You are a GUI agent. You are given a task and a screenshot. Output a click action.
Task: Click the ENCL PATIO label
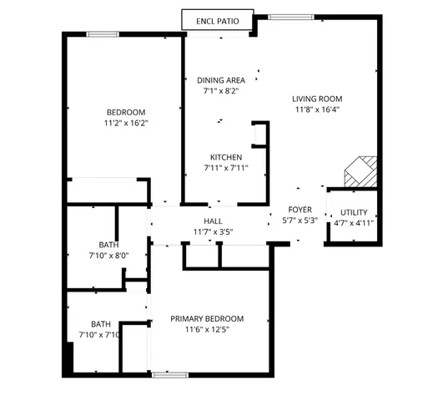coord(217,20)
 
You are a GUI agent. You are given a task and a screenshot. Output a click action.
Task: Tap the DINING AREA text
coord(221,80)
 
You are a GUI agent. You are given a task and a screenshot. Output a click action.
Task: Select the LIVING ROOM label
coord(317,97)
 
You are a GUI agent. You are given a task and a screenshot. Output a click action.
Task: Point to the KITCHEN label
coord(226,157)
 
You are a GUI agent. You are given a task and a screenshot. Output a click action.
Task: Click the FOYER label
coord(300,210)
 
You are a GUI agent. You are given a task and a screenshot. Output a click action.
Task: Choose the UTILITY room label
coord(354,212)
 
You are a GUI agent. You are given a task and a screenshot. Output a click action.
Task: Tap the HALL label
coord(214,221)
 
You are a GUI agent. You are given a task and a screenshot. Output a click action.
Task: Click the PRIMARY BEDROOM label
coord(207,318)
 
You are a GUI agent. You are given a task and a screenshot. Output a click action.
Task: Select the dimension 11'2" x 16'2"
coord(126,124)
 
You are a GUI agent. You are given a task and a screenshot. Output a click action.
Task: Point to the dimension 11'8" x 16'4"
coord(317,109)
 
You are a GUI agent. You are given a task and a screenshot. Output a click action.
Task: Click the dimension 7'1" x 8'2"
coord(221,91)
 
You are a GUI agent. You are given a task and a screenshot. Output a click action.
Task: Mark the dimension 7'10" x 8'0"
coord(108,256)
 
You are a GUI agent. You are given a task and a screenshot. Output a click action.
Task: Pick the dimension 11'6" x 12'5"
coord(207,329)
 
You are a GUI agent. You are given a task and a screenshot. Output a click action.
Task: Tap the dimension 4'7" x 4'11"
coord(354,223)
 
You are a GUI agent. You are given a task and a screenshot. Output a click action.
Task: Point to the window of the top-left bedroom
coord(102,33)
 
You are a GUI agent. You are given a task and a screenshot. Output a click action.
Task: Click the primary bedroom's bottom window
coord(168,375)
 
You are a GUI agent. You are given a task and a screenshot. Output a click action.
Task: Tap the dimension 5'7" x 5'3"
coord(300,221)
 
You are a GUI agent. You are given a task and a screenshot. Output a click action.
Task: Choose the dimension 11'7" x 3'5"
coord(214,231)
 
